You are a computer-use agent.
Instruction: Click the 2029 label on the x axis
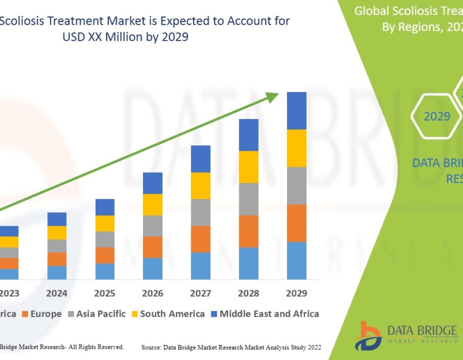pyautogui.click(x=296, y=293)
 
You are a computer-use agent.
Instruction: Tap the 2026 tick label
pyautogui.click(x=153, y=293)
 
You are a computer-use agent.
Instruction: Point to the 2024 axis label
pyautogui.click(x=57, y=293)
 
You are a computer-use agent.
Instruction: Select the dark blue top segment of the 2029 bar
pyautogui.click(x=296, y=111)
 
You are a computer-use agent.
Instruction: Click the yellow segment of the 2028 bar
pyautogui.click(x=248, y=167)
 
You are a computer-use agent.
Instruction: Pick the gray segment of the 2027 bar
pyautogui.click(x=201, y=212)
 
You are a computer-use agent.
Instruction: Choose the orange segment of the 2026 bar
pyautogui.click(x=153, y=247)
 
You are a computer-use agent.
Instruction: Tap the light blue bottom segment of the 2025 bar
pyautogui.click(x=105, y=271)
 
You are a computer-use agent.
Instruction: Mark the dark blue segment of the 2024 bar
pyautogui.click(x=57, y=219)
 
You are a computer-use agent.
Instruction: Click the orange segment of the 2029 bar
pyautogui.click(x=296, y=223)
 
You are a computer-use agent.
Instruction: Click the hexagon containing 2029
pyautogui.click(x=437, y=116)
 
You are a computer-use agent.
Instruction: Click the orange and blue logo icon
pyautogui.click(x=370, y=335)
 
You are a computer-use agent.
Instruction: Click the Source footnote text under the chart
pyautogui.click(x=231, y=348)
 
